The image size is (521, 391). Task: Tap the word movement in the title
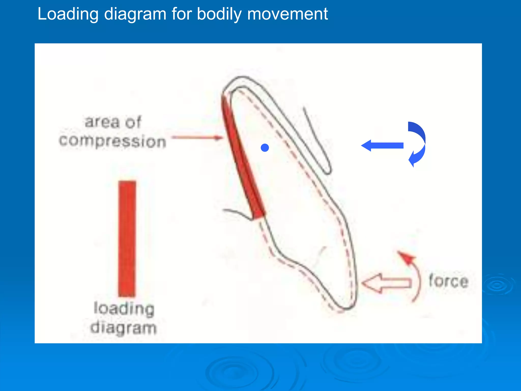pos(287,14)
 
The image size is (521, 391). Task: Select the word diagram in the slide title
pos(135,14)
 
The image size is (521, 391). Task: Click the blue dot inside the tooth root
pos(265,148)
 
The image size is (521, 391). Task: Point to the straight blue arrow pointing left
pos(382,146)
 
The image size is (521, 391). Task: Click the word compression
pos(112,141)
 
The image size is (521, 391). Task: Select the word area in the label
pos(102,122)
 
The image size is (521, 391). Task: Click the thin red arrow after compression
pos(197,138)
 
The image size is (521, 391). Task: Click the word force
pos(448,281)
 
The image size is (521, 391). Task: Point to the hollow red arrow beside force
pos(385,283)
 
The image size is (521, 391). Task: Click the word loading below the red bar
pos(124,309)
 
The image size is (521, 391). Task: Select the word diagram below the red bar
pos(123,328)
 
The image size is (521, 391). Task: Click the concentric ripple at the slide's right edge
pos(497,285)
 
